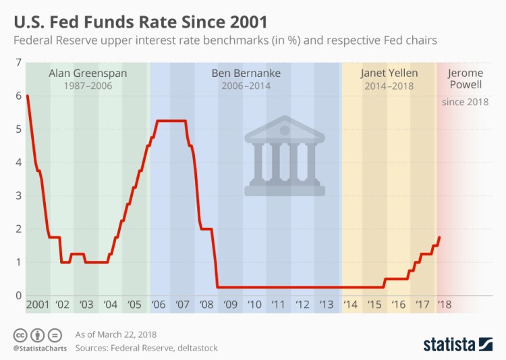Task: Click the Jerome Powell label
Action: pyautogui.click(x=466, y=80)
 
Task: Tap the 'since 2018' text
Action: pyautogui.click(x=466, y=102)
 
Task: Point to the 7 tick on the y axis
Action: pyautogui.click(x=18, y=63)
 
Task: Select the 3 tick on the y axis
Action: pyautogui.click(x=18, y=196)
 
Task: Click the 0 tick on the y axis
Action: pyautogui.click(x=18, y=295)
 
